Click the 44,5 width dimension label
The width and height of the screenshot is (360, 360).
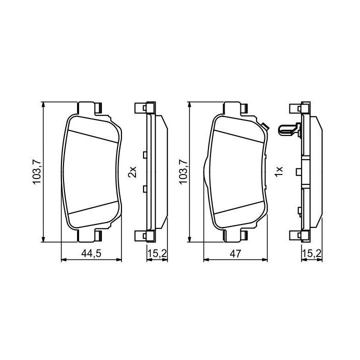coord(91,253)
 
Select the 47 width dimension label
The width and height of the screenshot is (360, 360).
coord(235,253)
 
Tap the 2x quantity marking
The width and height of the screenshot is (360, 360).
coord(132,171)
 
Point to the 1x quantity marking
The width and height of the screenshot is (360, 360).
coord(278,171)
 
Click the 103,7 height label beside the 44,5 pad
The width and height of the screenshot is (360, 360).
coord(36,171)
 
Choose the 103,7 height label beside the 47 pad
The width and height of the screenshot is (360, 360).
coord(183,171)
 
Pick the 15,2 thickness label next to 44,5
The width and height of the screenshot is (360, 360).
coord(157,253)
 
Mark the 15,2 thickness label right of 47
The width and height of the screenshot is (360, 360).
coord(311,253)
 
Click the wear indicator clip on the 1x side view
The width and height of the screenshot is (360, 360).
coord(289,129)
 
